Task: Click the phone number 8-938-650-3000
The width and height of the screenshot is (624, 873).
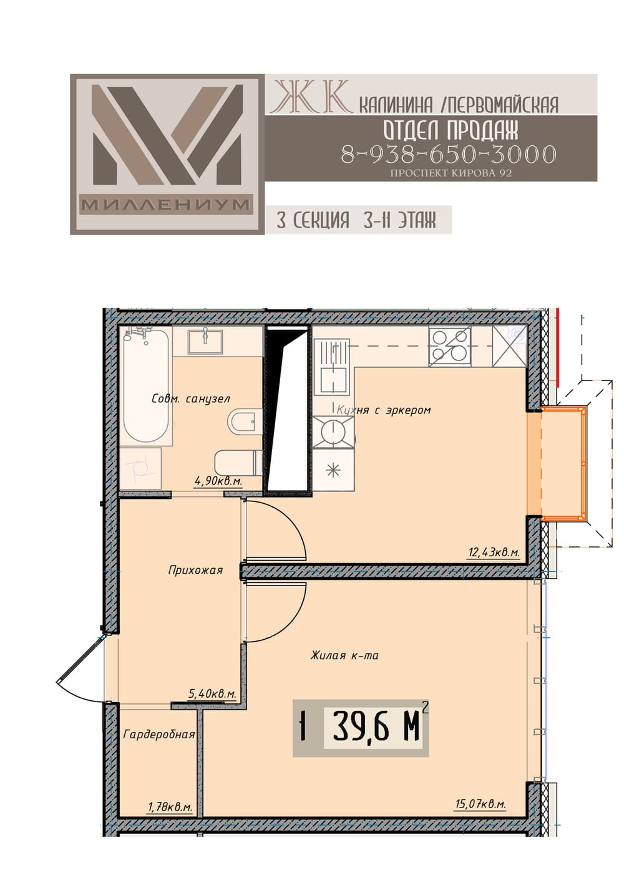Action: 448,154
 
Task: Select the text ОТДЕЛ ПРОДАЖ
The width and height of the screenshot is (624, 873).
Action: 451,130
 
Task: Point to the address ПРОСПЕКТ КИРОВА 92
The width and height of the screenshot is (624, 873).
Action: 451,173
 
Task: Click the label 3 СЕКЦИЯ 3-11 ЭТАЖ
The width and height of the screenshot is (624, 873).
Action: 356,220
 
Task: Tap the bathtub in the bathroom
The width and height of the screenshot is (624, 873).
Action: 145,385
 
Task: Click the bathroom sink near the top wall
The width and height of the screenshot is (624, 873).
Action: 205,342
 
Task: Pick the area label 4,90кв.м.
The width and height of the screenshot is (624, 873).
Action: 218,481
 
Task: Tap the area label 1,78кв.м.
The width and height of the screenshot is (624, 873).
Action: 170,806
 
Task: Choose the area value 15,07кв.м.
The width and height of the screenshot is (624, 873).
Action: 480,804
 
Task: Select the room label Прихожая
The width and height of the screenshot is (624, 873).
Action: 195,571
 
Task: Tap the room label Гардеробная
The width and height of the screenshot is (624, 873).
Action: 158,735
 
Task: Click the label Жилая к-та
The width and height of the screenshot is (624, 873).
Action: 344,655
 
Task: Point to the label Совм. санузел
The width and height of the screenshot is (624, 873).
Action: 191,398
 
